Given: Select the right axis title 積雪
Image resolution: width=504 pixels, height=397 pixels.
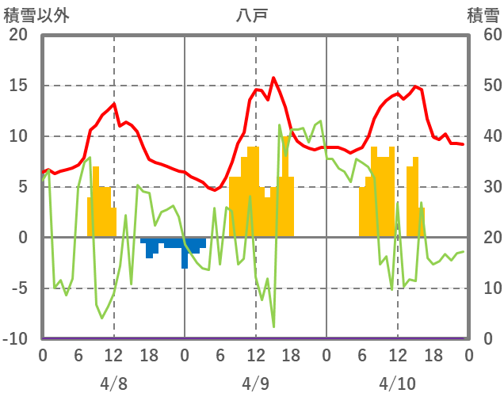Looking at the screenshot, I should (483, 14).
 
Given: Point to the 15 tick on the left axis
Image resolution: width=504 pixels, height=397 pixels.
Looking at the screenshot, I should (18, 86).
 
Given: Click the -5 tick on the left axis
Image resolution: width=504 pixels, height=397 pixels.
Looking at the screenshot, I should (18, 288).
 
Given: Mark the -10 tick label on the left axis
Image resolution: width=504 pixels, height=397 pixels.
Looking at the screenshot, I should (17, 339).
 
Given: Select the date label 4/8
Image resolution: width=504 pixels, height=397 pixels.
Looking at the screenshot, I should (113, 384).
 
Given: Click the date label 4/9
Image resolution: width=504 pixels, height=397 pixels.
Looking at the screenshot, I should (255, 384).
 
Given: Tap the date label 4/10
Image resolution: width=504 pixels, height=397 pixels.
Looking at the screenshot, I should (397, 384).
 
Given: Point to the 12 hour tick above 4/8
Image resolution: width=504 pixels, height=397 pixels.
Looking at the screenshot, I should (113, 355).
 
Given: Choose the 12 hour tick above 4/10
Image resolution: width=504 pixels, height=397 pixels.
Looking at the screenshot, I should (397, 355).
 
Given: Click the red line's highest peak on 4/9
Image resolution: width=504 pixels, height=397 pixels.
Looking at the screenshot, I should (273, 78).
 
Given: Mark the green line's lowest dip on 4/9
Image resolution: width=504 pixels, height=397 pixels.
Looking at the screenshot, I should (273, 326).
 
